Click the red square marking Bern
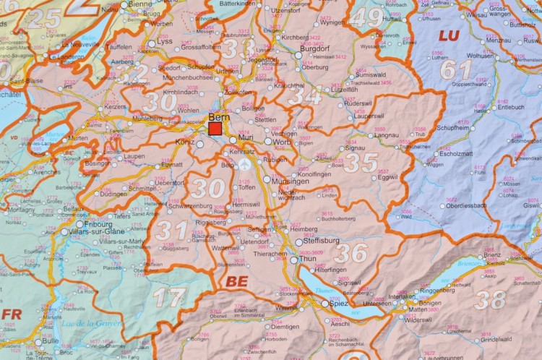pos(215,129)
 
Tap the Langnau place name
pos(387,135)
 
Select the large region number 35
pos(361,163)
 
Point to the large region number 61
pos(457,70)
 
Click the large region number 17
pos(169,297)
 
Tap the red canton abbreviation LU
pos(449,35)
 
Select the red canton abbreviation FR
pos(12,314)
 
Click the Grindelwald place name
pos(496,338)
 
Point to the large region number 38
pos(491,298)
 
